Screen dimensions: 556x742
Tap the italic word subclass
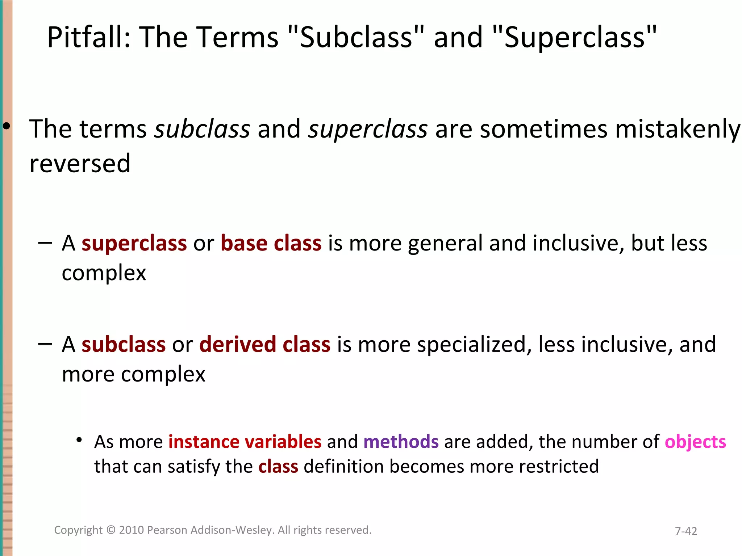pos(202,129)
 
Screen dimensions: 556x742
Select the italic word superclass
pos(367,129)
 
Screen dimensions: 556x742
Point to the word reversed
pos(80,164)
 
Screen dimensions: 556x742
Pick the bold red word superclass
pos(134,243)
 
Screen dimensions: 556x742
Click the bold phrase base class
pos(271,243)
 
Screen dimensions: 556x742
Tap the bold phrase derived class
pos(265,344)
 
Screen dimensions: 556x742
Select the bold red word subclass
pos(124,344)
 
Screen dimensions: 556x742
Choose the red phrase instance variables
pos(245,442)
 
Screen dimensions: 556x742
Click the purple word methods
pos(401,442)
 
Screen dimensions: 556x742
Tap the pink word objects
pos(695,442)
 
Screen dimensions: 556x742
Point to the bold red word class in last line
pos(278,467)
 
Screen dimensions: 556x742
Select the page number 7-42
pos(686,531)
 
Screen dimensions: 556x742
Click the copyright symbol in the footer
pos(111,530)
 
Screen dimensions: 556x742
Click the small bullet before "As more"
pos(79,440)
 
